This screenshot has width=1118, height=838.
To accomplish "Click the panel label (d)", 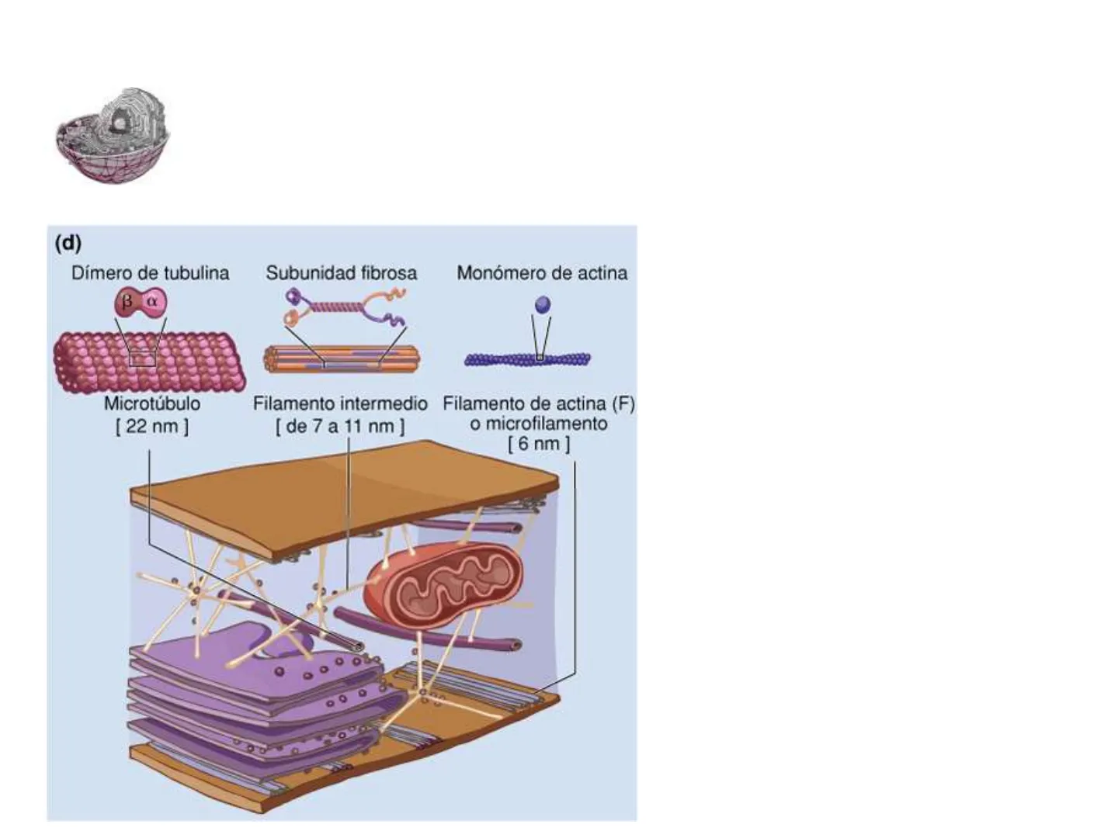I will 68,244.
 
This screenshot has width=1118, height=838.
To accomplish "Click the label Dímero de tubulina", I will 151,273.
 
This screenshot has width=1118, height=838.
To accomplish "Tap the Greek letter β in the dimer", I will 128,302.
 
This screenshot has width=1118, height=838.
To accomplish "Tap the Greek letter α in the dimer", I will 152,302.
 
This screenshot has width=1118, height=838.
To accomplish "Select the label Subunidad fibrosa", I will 341,273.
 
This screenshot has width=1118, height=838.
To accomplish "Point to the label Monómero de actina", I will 542,273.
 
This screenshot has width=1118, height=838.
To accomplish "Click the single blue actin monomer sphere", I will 543,304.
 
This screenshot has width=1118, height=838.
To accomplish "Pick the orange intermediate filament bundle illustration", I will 341,359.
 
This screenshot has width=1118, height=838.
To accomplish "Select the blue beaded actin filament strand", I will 528,359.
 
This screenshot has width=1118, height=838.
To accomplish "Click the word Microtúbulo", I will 152,403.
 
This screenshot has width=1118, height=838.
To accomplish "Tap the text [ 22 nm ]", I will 152,426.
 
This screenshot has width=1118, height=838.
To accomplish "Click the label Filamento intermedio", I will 340,403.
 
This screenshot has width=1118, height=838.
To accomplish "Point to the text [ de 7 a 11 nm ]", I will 340,426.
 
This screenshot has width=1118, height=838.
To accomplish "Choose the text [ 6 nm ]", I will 539,444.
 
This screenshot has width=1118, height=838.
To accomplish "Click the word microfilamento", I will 539,424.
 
